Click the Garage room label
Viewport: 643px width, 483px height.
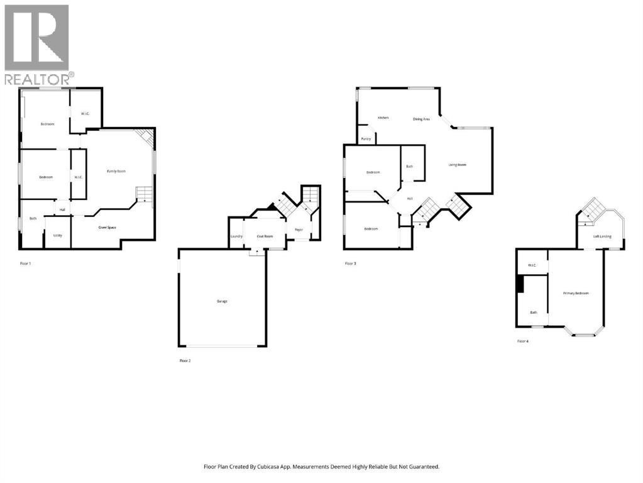[222, 301]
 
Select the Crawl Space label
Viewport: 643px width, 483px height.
[107, 227]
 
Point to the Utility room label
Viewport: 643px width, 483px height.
[57, 235]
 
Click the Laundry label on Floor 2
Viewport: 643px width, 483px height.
[236, 236]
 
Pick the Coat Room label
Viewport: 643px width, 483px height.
[265, 236]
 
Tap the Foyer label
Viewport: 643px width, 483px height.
[299, 230]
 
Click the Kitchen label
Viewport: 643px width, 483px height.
[383, 118]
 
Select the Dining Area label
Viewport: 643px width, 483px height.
[421, 119]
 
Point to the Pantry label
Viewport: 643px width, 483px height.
[366, 138]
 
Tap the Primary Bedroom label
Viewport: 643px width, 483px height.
[576, 293]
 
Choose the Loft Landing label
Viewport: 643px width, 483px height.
[603, 236]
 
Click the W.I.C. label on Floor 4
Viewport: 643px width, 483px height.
[531, 265]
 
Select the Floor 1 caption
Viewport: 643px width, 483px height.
[25, 264]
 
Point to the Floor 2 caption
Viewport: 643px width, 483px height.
[185, 361]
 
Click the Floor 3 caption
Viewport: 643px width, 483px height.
[351, 264]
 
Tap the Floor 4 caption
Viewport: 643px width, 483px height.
[523, 341]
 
